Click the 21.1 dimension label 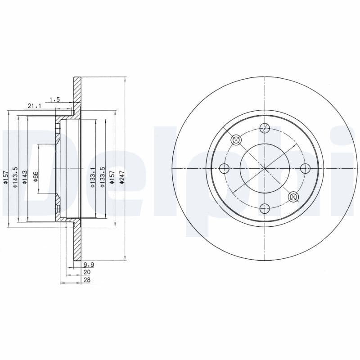coord(34,106)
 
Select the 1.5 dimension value coord(55,99)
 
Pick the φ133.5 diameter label coord(103,177)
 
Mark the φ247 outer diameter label coord(121,176)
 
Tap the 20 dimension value coord(87,273)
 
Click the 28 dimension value coord(87,280)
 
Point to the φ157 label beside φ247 coord(112,176)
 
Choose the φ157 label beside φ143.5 coord(6,177)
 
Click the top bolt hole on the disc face coord(265,128)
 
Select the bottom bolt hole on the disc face coord(265,208)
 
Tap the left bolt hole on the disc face coord(225,168)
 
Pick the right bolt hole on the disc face coord(305,168)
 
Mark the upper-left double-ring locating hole coord(236,140)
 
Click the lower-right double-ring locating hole coord(293,196)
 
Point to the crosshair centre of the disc coord(265,168)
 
